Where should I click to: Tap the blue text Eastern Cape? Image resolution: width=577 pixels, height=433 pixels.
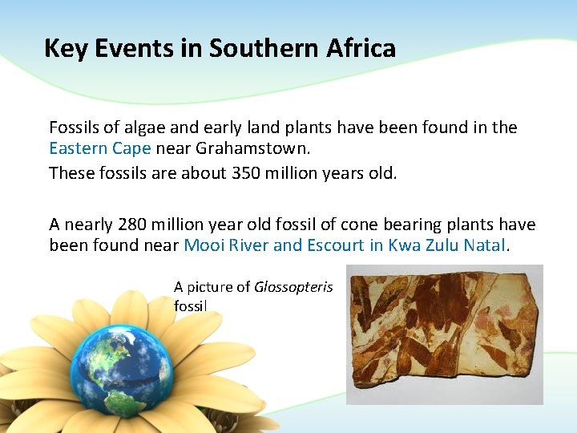pos(100,148)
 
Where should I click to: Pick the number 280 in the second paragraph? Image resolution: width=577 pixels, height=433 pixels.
pos(131,225)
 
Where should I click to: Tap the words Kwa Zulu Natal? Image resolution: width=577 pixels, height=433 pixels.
pos(446,245)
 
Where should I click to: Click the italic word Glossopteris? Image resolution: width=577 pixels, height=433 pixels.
pos(293,287)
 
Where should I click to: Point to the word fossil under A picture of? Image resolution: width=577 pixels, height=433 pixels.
pos(190,306)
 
